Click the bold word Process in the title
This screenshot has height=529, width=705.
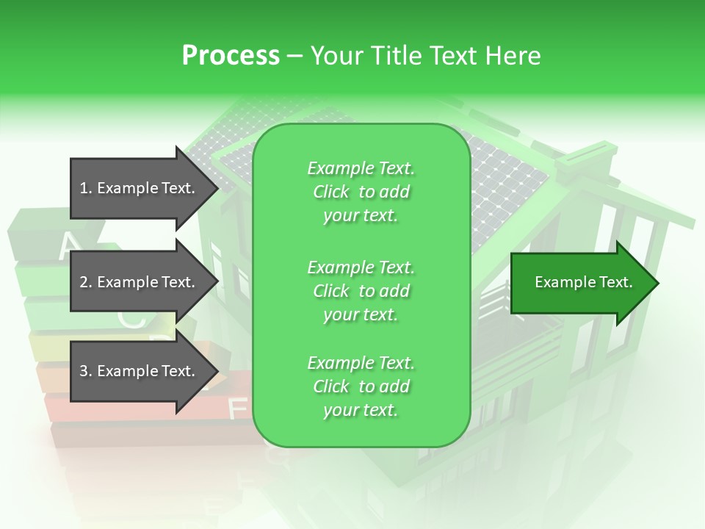(x=231, y=55)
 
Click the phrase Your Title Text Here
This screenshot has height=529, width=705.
(x=425, y=55)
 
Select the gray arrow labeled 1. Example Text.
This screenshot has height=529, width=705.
(x=140, y=188)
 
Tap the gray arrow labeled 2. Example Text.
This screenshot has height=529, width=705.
(x=140, y=282)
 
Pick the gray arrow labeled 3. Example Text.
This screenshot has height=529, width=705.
(x=140, y=371)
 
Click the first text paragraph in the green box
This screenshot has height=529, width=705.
(x=361, y=192)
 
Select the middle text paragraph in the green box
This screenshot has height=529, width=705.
(x=361, y=290)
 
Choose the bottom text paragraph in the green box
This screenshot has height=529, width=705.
(x=361, y=386)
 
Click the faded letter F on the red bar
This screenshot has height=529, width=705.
(x=237, y=406)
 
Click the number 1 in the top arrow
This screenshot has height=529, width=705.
(x=84, y=188)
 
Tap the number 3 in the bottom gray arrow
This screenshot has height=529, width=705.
(x=84, y=371)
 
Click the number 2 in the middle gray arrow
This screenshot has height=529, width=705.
(x=84, y=282)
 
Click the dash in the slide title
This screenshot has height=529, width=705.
(x=294, y=56)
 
